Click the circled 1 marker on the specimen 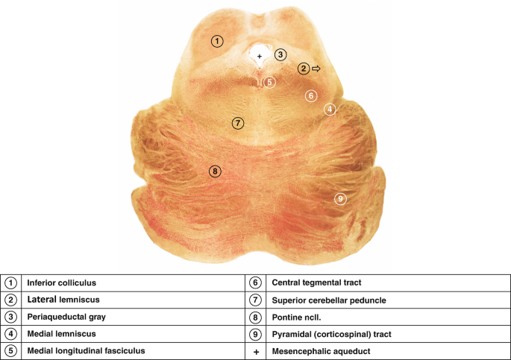click(x=216, y=41)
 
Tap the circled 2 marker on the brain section click(x=304, y=69)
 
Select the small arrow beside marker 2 click(x=316, y=69)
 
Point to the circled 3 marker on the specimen click(x=280, y=54)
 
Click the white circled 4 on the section click(x=330, y=110)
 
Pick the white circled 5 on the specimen click(x=270, y=82)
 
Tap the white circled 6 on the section click(x=311, y=95)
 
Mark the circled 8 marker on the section click(x=215, y=171)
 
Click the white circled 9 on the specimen click(x=340, y=198)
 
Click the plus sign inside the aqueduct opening click(x=260, y=56)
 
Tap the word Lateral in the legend click(x=43, y=300)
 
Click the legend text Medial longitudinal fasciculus click(x=86, y=350)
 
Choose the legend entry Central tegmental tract click(x=316, y=283)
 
